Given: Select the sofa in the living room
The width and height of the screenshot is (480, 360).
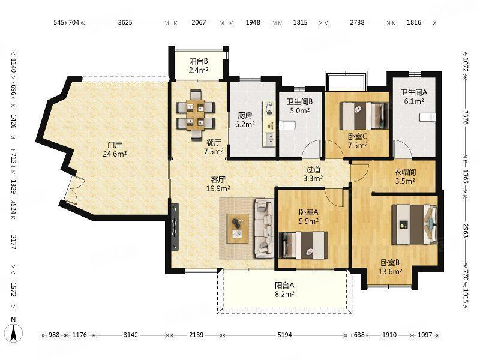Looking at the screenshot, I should point(263,227).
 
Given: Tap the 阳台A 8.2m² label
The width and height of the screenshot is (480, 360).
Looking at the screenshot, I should point(284,290).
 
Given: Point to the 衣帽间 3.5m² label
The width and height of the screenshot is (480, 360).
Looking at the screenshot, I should point(405,176).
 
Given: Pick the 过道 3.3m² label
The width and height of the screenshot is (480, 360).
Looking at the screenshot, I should point(313,174).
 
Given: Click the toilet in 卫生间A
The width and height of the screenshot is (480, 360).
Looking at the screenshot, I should point(428,116).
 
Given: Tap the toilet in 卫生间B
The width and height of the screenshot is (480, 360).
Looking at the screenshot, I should point(286,125).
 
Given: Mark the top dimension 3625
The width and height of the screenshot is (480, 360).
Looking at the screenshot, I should point(125,22).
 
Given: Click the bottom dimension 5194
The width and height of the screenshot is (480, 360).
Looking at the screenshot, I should point(285,334).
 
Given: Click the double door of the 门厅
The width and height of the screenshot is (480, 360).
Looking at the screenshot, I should point(73,191).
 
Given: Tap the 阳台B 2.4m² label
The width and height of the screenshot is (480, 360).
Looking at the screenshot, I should point(198,65).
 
